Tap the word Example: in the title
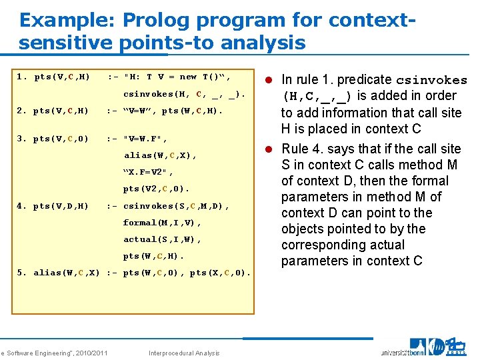pyautogui.click(x=65, y=20)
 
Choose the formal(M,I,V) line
pyautogui.click(x=162, y=223)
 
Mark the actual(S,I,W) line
pyautogui.click(x=162, y=239)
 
